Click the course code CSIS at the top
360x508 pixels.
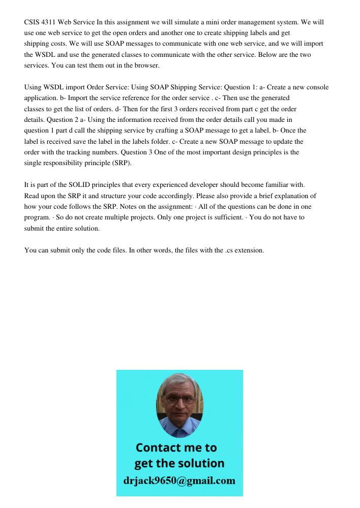pos(33,22)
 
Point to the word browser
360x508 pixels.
pos(147,66)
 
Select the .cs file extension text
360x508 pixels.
pos(228,250)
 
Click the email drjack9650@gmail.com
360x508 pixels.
pos(179,481)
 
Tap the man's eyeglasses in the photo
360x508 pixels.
pos(180,399)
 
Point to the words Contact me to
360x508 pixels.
pos(176,448)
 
